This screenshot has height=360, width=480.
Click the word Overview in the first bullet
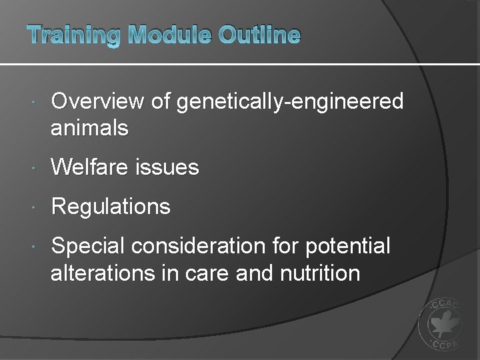coord(97,101)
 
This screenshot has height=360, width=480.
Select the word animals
coord(89,127)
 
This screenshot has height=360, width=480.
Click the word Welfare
coord(91,167)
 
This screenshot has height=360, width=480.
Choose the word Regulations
coord(111,207)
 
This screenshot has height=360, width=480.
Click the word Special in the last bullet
coord(88,247)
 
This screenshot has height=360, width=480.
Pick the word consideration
coord(199,246)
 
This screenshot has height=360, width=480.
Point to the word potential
coord(348,247)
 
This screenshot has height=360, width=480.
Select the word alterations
coord(101,273)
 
